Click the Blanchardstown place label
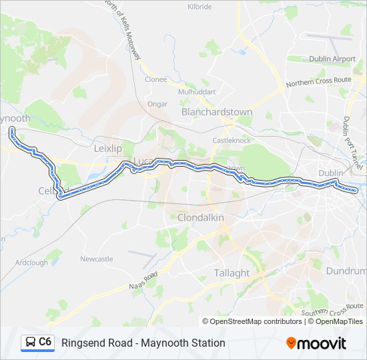tap(217, 113)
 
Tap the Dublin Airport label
tap(332, 59)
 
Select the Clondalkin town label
tap(200, 218)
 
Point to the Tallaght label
tap(232, 273)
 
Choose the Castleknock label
tap(230, 141)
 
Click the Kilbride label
tap(200, 6)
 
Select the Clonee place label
tap(156, 79)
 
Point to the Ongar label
tap(157, 104)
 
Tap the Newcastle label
tap(97, 259)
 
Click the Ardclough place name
tap(32, 263)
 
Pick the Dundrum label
tap(346, 271)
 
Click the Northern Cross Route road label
tap(318, 82)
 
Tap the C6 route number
tap(45, 342)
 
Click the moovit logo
tap(316, 343)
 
